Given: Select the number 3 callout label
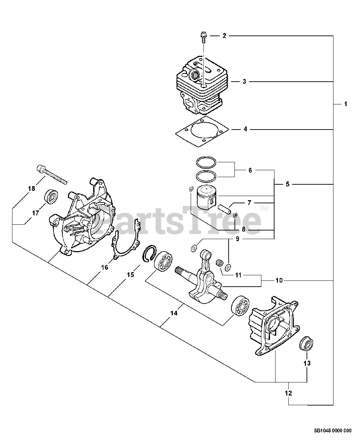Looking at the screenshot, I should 244,82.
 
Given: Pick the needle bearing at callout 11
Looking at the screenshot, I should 218,263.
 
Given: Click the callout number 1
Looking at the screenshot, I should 346,104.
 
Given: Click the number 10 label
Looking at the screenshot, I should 279,280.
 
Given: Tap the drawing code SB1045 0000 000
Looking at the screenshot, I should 332,430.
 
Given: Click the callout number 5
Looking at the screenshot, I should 287,184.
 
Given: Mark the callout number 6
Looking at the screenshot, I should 250,170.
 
